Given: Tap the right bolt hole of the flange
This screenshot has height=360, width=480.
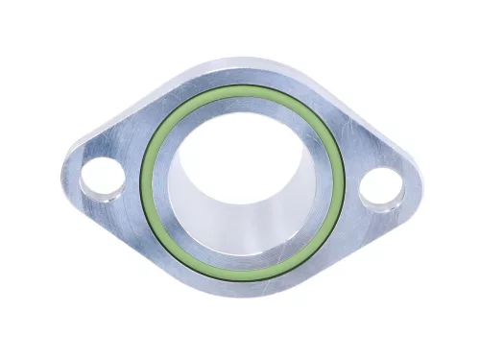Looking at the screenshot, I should click(380, 186).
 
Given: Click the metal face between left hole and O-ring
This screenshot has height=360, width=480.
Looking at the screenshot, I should click(130, 180).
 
